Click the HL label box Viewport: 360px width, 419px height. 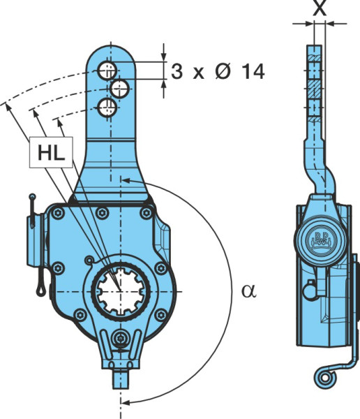click(51, 152)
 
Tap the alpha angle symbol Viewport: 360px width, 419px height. click(249, 291)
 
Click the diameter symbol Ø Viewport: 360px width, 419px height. click(223, 71)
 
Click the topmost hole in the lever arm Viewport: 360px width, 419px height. click(107, 71)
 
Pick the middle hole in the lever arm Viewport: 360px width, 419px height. click(120, 88)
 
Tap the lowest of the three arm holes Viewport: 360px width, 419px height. click(107, 108)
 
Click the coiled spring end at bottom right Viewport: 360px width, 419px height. click(324, 378)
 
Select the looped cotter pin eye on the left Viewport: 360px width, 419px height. click(40, 290)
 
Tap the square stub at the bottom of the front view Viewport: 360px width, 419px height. click(121, 379)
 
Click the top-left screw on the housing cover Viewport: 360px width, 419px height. click(58, 213)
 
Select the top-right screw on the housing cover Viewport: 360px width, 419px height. click(146, 213)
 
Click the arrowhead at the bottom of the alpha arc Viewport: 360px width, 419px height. click(126, 402)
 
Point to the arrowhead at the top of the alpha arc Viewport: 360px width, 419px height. click(126, 180)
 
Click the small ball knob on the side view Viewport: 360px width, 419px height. click(310, 291)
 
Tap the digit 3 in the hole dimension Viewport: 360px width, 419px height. click(177, 71)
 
